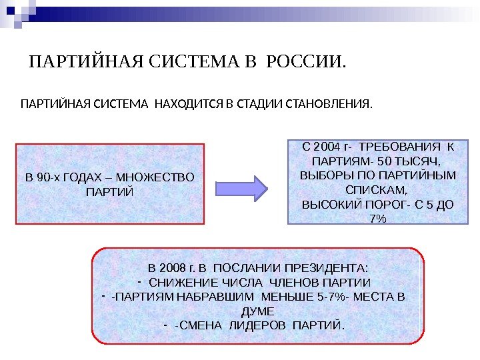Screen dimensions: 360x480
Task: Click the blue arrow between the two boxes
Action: (243, 187)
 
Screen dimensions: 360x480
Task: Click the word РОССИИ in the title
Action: (306, 63)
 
